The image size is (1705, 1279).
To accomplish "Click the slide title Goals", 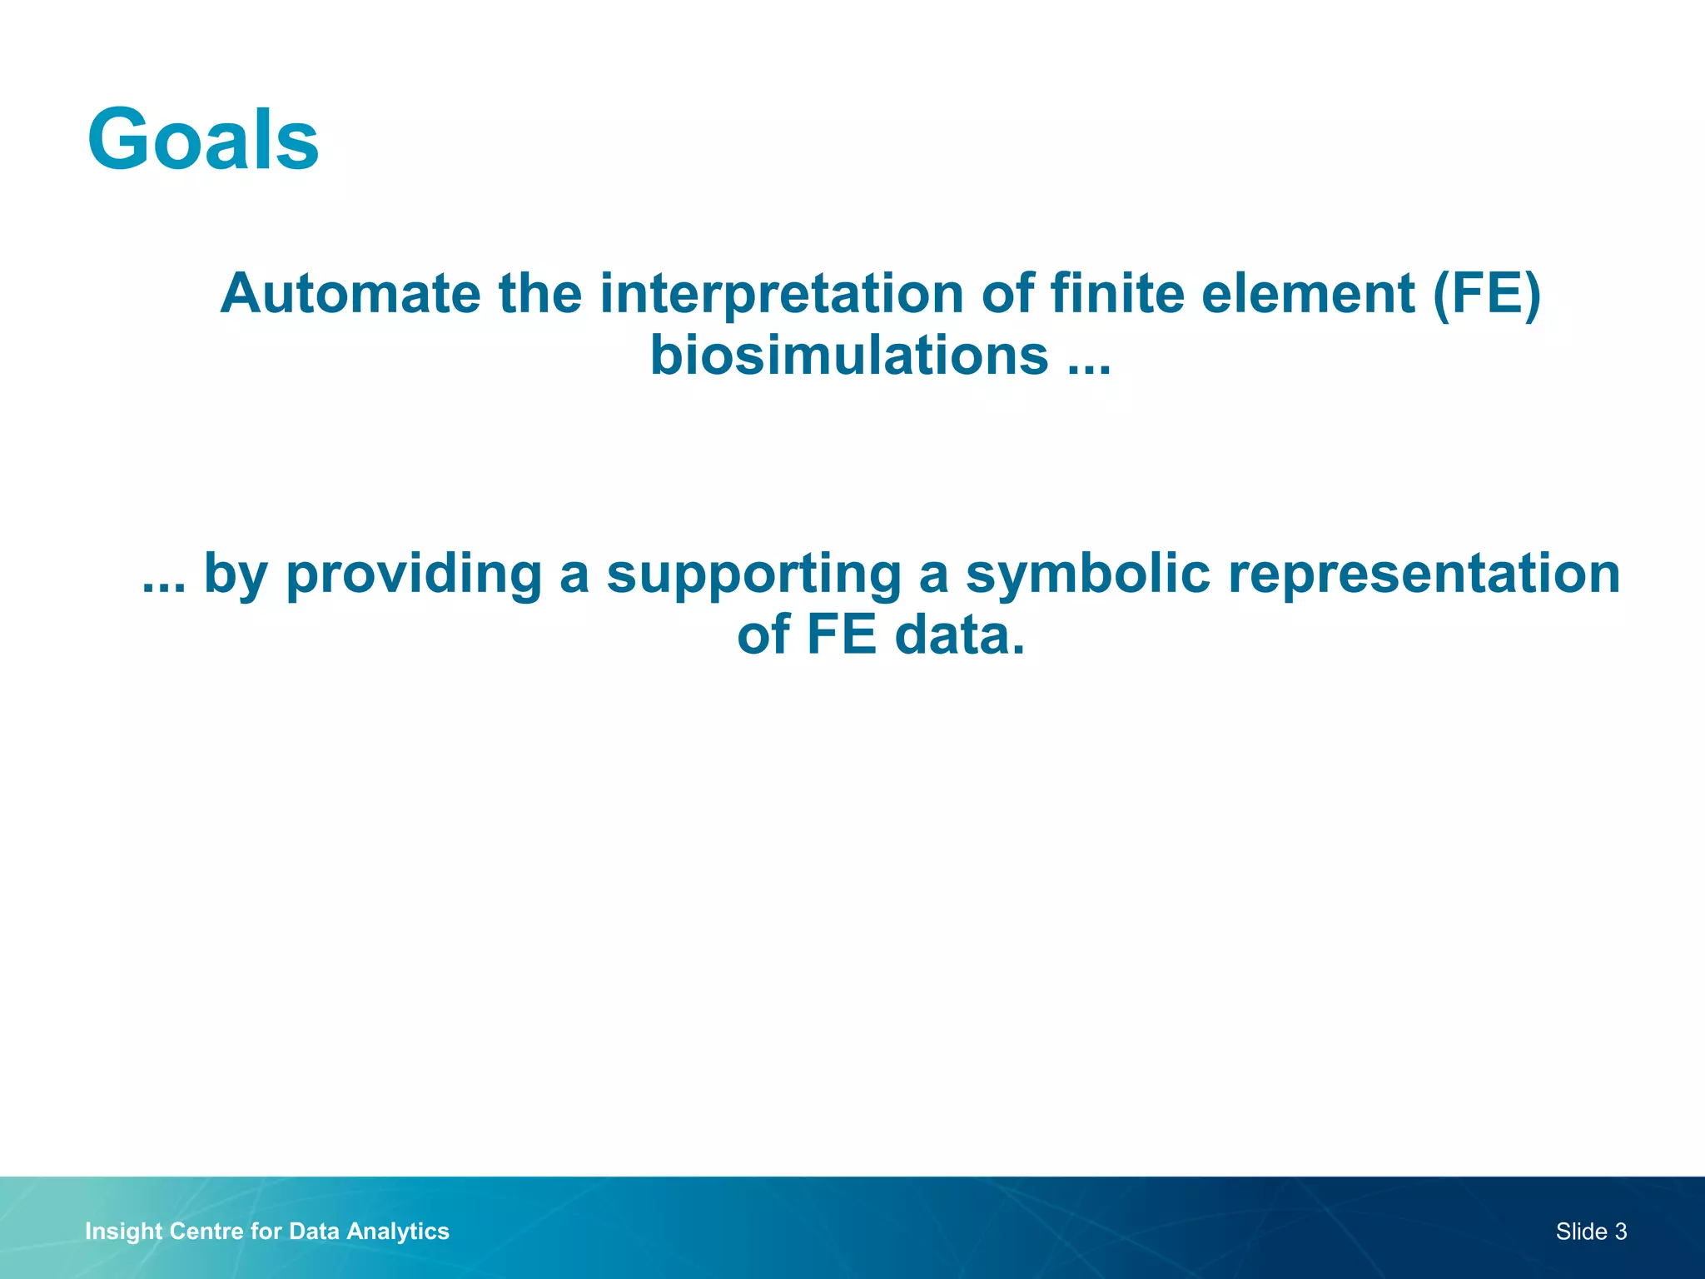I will pyautogui.click(x=203, y=139).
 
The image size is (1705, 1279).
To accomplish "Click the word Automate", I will pyautogui.click(x=350, y=294).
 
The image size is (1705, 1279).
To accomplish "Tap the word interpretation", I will pyautogui.click(x=782, y=294).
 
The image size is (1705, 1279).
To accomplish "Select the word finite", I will pyautogui.click(x=1116, y=294).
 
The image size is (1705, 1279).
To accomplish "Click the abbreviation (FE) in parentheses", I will pyautogui.click(x=1487, y=294).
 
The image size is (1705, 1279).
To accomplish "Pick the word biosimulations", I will pyautogui.click(x=848, y=356).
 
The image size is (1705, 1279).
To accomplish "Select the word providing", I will pyautogui.click(x=414, y=575).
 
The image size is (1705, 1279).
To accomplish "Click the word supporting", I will pyautogui.click(x=753, y=575).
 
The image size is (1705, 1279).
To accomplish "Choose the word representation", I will pyautogui.click(x=1424, y=575).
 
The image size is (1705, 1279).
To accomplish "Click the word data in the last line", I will pyautogui.click(x=959, y=635).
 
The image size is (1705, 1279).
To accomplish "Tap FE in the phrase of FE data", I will pyautogui.click(x=841, y=635).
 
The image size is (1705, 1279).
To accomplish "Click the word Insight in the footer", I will pyautogui.click(x=123, y=1232).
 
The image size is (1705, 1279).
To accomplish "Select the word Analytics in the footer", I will pyautogui.click(x=398, y=1232).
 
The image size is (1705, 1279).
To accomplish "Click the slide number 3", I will pyautogui.click(x=1620, y=1232).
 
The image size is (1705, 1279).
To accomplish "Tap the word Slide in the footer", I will pyautogui.click(x=1581, y=1232).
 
